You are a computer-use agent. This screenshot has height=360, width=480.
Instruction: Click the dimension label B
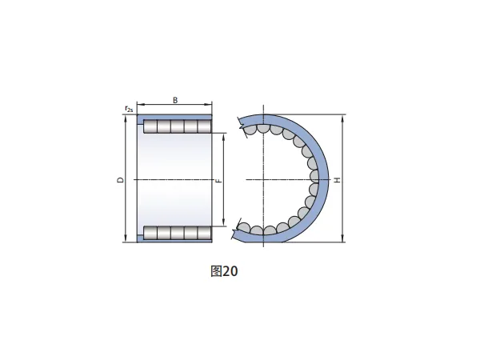pyautogui.click(x=175, y=100)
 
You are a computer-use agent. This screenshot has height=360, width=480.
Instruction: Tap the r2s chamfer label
pyautogui.click(x=129, y=108)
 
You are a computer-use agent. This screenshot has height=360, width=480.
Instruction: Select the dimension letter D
pyautogui.click(x=122, y=180)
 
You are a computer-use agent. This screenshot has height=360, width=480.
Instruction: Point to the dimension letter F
pyautogui.click(x=218, y=181)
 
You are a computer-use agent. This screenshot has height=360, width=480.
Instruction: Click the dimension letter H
pyautogui.click(x=337, y=180)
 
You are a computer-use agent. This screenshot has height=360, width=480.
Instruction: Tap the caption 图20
pyautogui.click(x=224, y=271)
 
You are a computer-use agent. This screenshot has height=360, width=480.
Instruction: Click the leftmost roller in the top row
pyautogui.click(x=150, y=126)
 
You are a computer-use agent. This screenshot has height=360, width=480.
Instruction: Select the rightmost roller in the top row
pyautogui.click(x=205, y=126)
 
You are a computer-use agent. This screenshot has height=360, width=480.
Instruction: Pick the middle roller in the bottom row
pyautogui.click(x=178, y=233)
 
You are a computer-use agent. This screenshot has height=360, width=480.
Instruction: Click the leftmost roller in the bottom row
pyautogui.click(x=150, y=233)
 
